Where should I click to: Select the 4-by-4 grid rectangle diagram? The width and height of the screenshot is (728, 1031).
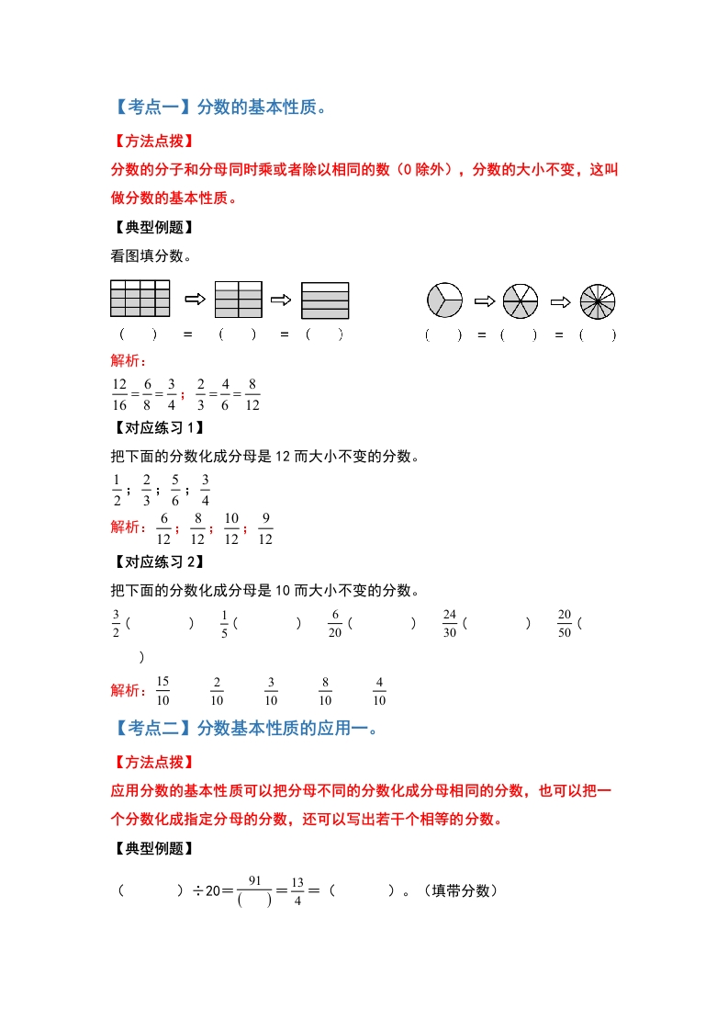coord(140,299)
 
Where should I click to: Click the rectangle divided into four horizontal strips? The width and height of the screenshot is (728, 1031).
coord(325,300)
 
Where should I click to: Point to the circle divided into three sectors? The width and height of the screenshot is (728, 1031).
coord(444,300)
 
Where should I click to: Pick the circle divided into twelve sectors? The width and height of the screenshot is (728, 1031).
coord(598,300)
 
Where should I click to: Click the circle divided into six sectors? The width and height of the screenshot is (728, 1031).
coord(521,300)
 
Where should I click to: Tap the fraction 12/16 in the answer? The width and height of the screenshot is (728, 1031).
coord(119,394)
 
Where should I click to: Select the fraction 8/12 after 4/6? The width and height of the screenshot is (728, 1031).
coord(253,394)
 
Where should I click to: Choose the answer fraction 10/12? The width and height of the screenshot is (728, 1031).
coord(231,528)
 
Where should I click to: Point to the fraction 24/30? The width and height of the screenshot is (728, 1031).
coord(450,624)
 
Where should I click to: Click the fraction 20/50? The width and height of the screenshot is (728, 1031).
coord(564,624)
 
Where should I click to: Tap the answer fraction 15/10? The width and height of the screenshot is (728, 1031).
coord(163,690)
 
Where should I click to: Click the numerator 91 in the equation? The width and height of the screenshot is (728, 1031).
coord(255,880)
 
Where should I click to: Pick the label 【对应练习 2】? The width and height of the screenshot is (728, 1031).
coord(156,561)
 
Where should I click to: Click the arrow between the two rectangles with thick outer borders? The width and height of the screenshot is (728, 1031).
coord(281,300)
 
